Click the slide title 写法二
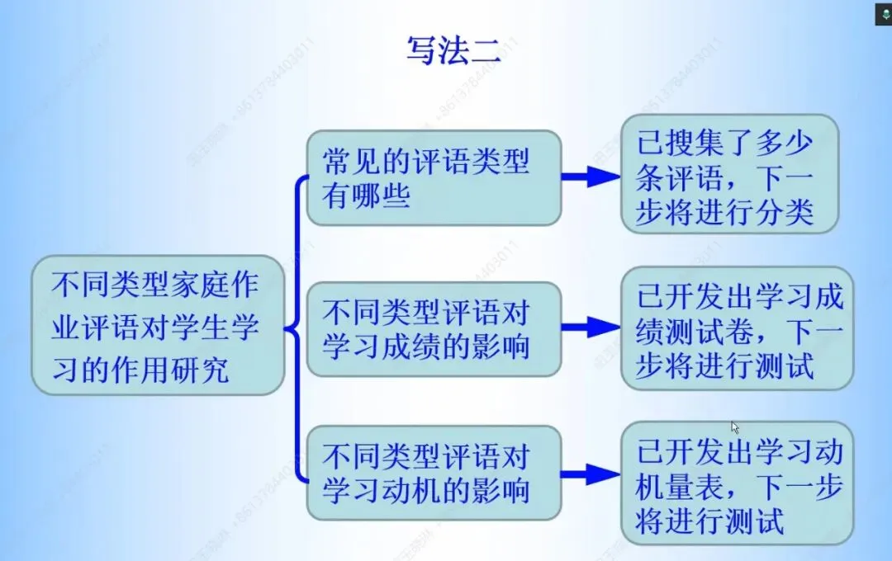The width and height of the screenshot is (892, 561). click(x=453, y=51)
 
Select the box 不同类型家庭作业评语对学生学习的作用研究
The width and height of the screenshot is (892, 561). click(x=158, y=325)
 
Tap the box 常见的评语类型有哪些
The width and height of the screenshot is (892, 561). click(x=434, y=177)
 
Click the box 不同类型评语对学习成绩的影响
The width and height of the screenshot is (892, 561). click(x=434, y=329)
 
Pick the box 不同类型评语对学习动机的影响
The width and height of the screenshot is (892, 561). click(x=434, y=473)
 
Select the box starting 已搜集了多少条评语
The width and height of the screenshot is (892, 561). click(x=729, y=174)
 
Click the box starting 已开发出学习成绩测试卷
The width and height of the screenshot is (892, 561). click(x=737, y=328)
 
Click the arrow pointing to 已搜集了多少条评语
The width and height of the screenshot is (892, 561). click(x=591, y=176)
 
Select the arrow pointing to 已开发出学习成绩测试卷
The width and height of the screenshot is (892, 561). click(x=591, y=328)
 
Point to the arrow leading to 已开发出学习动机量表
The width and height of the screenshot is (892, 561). click(x=591, y=474)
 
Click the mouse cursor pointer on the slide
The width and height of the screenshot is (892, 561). click(x=735, y=427)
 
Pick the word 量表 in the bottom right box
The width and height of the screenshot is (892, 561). click(x=691, y=487)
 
